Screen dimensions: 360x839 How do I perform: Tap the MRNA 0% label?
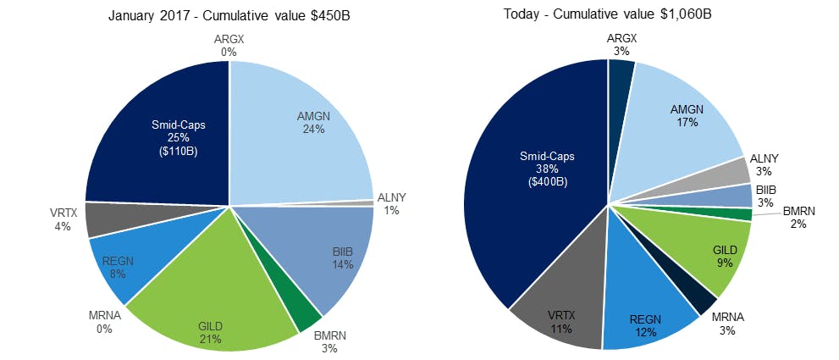pos(102,323)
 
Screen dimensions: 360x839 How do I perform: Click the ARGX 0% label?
pos(229,46)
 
